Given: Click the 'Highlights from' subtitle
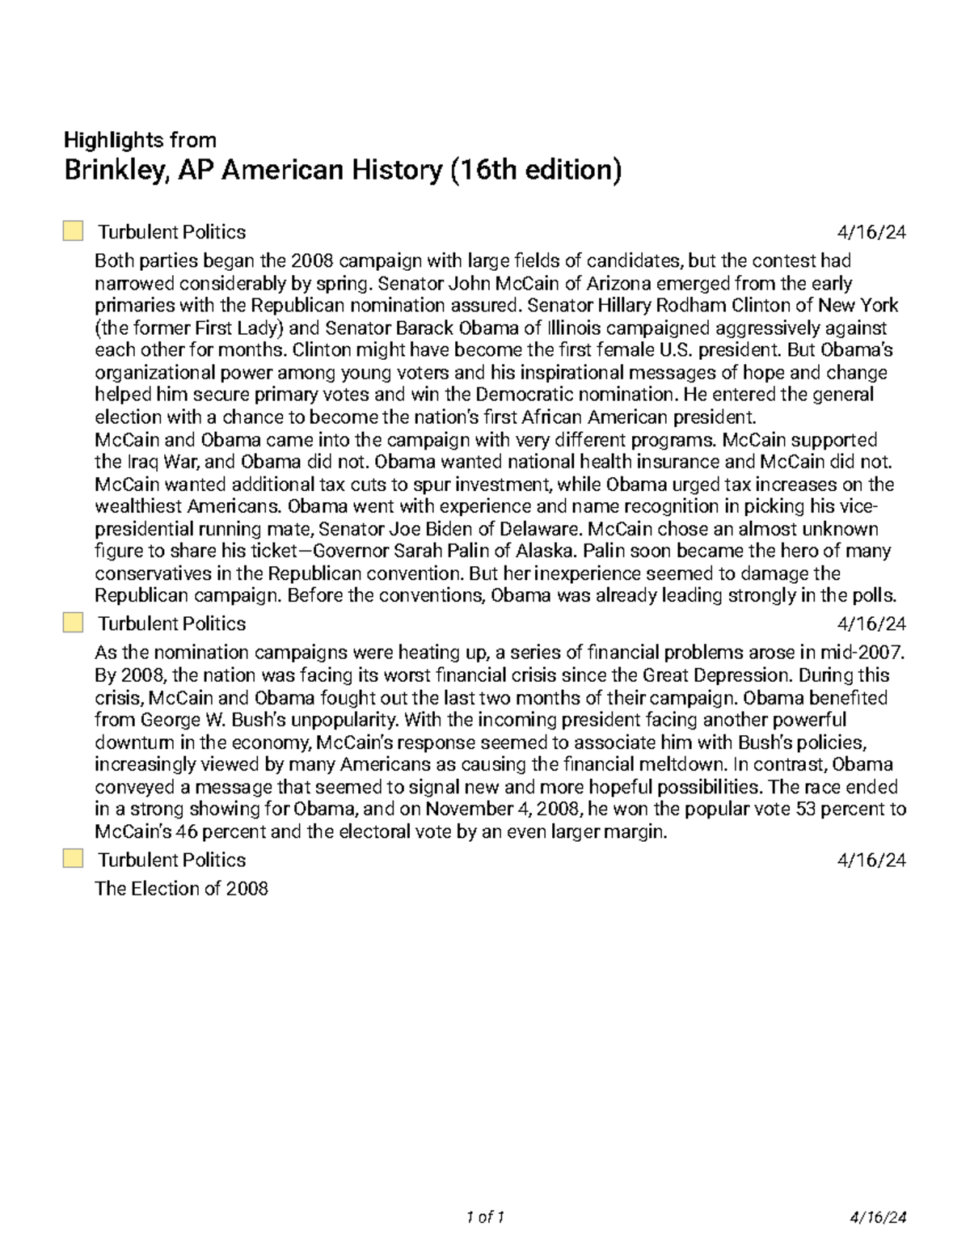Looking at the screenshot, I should [140, 141].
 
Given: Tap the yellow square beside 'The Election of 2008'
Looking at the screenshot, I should [73, 859].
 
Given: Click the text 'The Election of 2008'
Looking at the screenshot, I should [181, 889].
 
